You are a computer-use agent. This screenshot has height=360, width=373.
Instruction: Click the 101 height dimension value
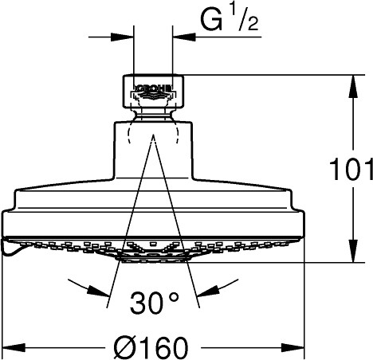coord(351,169)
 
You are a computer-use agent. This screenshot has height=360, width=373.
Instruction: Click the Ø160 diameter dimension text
coord(151,347)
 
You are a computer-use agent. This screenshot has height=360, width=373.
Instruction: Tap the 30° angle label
coord(154,302)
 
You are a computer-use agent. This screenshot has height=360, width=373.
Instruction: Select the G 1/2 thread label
coord(229,21)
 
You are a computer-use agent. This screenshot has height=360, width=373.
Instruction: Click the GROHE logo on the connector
coord(153,88)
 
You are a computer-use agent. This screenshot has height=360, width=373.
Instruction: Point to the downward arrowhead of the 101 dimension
coord(353,251)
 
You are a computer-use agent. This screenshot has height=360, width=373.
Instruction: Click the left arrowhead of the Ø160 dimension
coord(14,347)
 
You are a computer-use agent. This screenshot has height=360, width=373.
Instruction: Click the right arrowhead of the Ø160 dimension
coord(293,347)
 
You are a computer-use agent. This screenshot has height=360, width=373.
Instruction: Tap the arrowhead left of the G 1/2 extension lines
coord(122,37)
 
